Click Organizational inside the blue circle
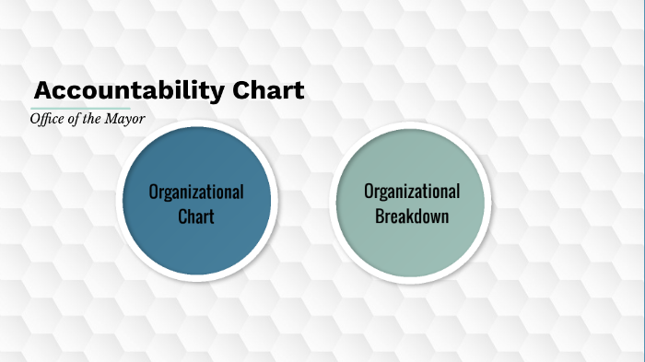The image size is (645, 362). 196,192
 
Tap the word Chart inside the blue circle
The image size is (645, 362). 196,216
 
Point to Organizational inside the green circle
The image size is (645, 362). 412,192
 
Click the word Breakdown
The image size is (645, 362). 412,216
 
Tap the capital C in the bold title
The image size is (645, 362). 240,91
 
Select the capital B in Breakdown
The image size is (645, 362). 381,216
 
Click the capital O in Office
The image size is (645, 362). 35,120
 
